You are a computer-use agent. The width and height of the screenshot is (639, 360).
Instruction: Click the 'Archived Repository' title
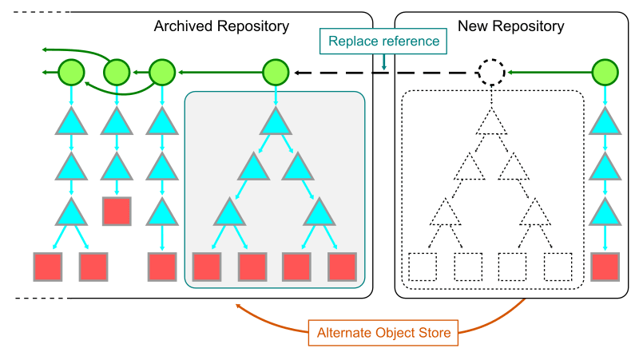[x=221, y=26]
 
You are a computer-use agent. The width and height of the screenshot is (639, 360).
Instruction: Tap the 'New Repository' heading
[x=510, y=26]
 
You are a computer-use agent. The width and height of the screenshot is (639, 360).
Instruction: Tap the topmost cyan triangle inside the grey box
[x=275, y=122]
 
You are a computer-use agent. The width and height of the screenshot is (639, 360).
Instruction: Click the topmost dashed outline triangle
[x=491, y=122]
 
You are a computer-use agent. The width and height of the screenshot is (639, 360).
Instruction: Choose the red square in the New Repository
[x=605, y=267]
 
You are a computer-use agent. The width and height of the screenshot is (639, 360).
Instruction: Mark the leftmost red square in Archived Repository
[x=48, y=267]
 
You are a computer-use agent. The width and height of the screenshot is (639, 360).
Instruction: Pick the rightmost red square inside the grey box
[x=342, y=267]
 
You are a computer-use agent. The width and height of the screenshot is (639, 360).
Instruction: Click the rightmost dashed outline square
[x=558, y=267]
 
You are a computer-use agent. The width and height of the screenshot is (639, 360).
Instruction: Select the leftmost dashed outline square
[x=423, y=267]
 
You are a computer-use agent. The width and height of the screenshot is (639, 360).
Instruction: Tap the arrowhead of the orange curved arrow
[x=237, y=306]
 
